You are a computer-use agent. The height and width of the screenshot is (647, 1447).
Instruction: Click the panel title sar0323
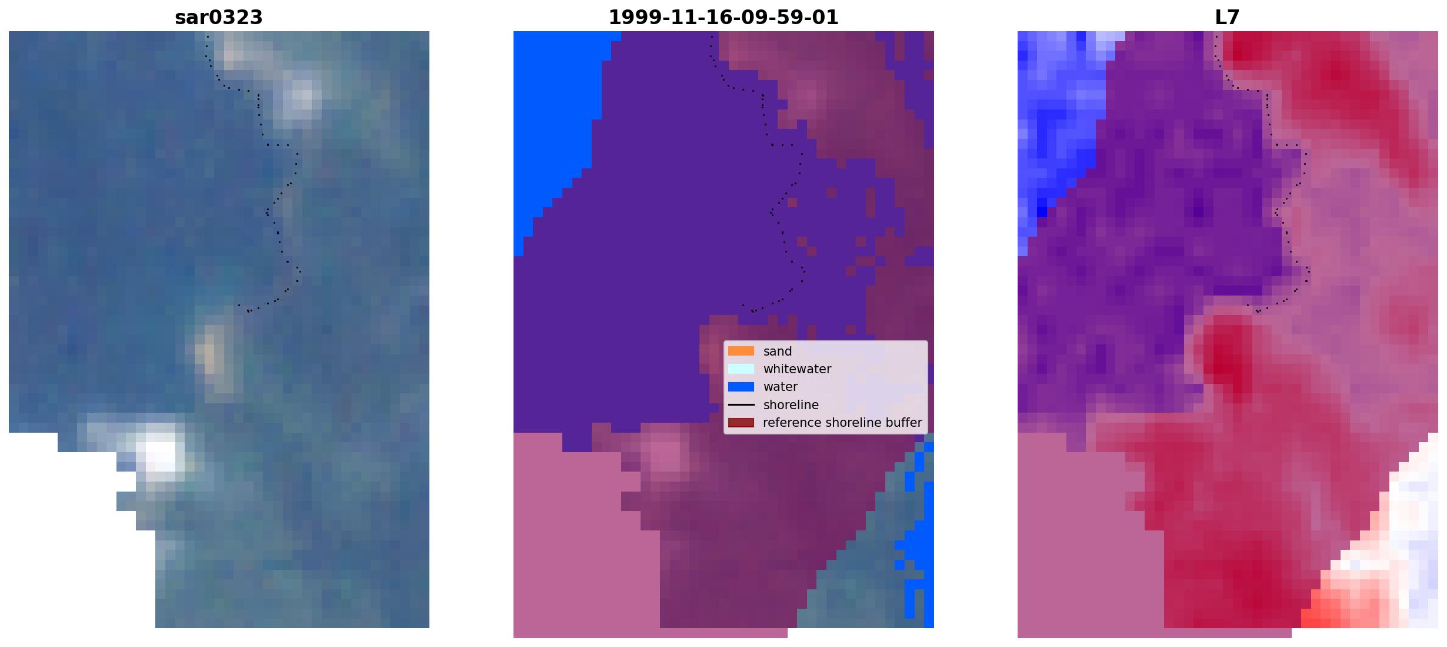click(218, 18)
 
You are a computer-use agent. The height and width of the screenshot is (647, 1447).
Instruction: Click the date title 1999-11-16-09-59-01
click(723, 18)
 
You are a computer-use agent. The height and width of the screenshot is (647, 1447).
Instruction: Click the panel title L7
click(1227, 18)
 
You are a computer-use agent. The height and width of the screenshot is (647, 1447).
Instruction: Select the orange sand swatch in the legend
click(741, 351)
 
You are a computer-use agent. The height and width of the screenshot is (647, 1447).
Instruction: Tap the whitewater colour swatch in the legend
click(741, 369)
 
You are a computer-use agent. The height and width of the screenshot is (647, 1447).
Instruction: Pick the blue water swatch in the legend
click(741, 387)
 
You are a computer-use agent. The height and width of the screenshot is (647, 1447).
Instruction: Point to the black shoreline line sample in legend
click(741, 405)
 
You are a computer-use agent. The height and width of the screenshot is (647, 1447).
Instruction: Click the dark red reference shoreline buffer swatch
click(741, 423)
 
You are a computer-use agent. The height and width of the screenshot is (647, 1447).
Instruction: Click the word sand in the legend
click(778, 351)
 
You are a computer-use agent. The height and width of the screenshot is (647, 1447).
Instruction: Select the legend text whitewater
click(797, 369)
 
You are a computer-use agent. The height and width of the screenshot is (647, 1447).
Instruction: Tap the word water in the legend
click(781, 387)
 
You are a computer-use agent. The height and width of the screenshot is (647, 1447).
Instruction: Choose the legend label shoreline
click(791, 405)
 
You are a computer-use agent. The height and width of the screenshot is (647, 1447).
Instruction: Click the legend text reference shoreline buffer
click(842, 423)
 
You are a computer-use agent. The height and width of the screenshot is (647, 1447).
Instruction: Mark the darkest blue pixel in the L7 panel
click(1042, 211)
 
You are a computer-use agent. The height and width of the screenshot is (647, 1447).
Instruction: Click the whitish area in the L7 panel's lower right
click(1412, 530)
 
